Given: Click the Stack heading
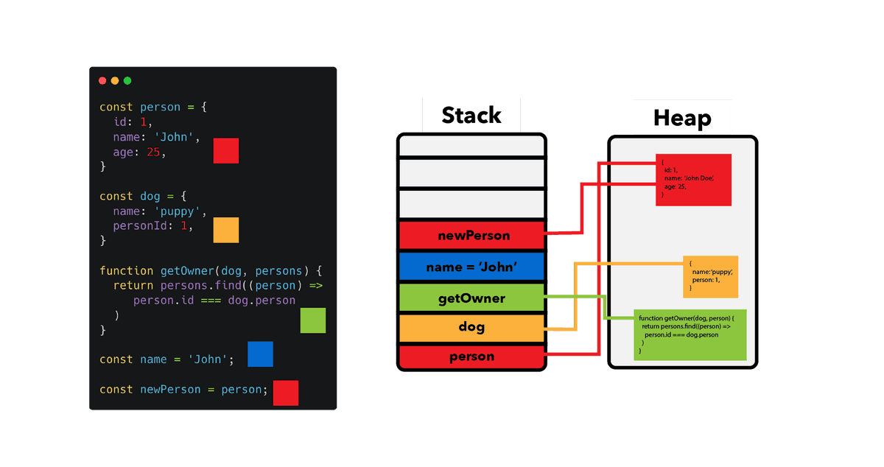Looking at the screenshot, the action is pos(471,115).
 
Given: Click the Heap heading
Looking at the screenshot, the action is pos(682,118).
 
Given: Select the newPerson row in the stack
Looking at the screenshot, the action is pos(472,235).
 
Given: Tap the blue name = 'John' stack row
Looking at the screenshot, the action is pos(472,267).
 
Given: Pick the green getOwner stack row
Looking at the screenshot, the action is pos(472,298).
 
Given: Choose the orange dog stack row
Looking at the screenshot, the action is pos(472,328).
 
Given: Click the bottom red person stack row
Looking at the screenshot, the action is pos(472,357).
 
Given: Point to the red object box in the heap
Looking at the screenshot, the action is pos(693,180).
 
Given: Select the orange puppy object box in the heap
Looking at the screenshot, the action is pos(710,277).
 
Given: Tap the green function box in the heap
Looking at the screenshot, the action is pos(690,334).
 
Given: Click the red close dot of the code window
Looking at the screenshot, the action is pos(102,81).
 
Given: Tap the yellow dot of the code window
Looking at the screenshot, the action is pos(115,81).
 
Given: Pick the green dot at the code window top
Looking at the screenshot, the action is pos(127,81).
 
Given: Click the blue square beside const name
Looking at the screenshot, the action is pos(260,354).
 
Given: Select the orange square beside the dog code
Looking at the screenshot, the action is pos(226,230).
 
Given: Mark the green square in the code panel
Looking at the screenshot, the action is pos(313,320).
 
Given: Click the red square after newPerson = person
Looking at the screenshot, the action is pos(286,393).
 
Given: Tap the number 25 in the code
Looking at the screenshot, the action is pos(153,152).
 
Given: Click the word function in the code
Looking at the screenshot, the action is pos(126,271).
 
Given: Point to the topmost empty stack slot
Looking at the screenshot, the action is pos(472,146).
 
